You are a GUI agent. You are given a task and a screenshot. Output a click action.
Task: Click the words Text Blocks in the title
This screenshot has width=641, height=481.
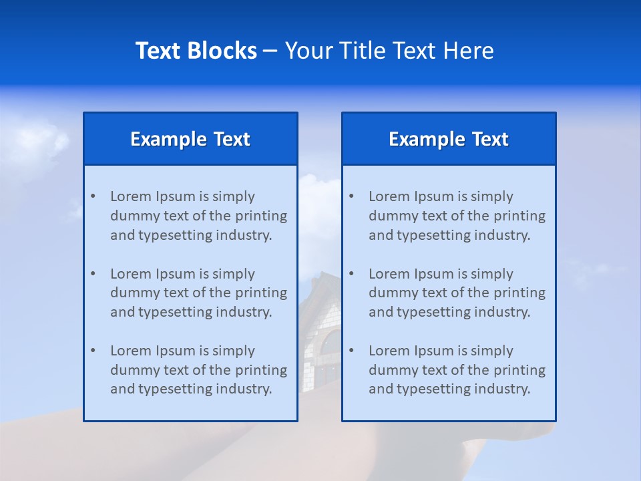pos(196,51)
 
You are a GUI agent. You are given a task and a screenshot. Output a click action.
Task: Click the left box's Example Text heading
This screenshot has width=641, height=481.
pos(190,139)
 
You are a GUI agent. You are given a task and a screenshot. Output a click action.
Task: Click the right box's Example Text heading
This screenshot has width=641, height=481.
pos(449,139)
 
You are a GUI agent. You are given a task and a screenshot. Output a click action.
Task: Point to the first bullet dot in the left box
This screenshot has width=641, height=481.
pos(93,196)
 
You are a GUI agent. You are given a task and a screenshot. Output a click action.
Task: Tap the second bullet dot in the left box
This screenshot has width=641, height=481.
pos(93,274)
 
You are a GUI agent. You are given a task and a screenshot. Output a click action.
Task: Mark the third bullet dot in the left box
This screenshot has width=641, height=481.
pos(93,351)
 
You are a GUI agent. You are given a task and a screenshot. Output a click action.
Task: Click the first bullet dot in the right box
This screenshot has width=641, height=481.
pos(351,196)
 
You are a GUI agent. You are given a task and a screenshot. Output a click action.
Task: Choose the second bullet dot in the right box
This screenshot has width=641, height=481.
pos(351,274)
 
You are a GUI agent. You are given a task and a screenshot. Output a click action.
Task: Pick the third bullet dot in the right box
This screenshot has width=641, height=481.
pos(351,351)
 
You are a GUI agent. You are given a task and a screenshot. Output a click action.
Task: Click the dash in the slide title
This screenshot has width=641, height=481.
pos(270,51)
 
